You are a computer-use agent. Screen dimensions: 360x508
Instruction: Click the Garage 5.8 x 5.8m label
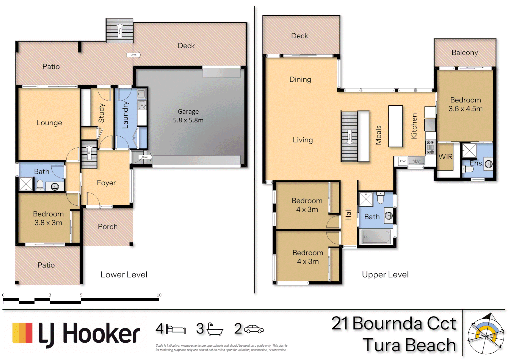[x=188, y=116]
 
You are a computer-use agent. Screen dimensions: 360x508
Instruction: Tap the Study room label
[x=102, y=113]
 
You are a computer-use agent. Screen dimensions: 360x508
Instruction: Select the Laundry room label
[x=125, y=115]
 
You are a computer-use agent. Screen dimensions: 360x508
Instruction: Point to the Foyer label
[x=106, y=183]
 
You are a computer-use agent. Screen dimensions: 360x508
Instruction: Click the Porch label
[x=108, y=227]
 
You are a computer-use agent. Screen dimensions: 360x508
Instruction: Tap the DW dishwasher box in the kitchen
[x=403, y=161]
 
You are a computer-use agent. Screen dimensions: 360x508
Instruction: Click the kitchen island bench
[x=395, y=126]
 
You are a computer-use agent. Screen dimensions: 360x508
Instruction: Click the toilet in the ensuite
[x=468, y=169]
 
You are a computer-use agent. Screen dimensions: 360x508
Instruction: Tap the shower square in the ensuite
[x=469, y=150]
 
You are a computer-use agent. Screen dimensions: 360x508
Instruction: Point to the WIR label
[x=445, y=157]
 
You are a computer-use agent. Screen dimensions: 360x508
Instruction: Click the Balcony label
[x=465, y=53]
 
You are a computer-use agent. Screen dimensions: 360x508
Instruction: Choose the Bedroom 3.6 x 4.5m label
[x=465, y=104]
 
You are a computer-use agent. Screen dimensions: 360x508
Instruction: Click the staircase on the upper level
[x=349, y=136]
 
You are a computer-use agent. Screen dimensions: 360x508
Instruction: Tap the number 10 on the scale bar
[x=159, y=295]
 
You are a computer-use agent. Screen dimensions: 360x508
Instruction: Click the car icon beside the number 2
[x=254, y=329]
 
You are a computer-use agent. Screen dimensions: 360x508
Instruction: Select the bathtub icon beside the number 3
[x=215, y=329]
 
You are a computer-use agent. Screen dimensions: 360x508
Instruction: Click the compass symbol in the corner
[x=485, y=334]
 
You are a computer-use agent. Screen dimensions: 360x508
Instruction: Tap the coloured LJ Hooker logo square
[x=22, y=333]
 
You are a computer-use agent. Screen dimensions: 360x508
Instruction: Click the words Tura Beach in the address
[x=409, y=345]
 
